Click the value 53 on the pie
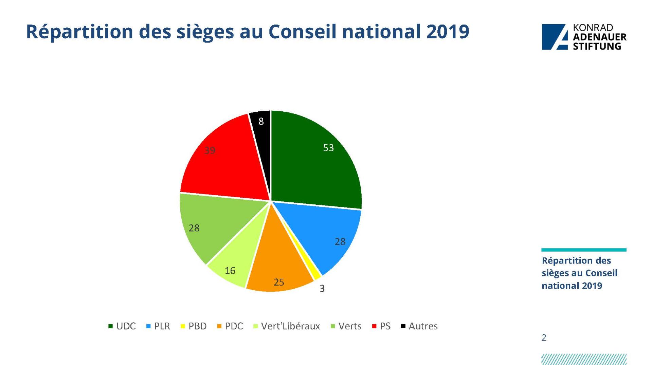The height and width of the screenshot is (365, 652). (328, 148)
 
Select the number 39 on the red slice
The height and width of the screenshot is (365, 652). (210, 150)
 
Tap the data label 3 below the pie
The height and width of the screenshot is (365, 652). (322, 289)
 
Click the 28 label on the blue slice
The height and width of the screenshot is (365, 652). (340, 242)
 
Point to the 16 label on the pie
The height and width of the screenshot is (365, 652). (230, 271)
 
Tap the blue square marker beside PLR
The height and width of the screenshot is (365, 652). (148, 326)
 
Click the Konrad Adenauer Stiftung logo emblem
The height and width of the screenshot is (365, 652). (555, 37)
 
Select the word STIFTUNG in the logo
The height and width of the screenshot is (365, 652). (597, 47)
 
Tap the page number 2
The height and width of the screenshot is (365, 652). (544, 337)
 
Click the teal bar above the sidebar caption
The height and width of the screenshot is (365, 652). (584, 250)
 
